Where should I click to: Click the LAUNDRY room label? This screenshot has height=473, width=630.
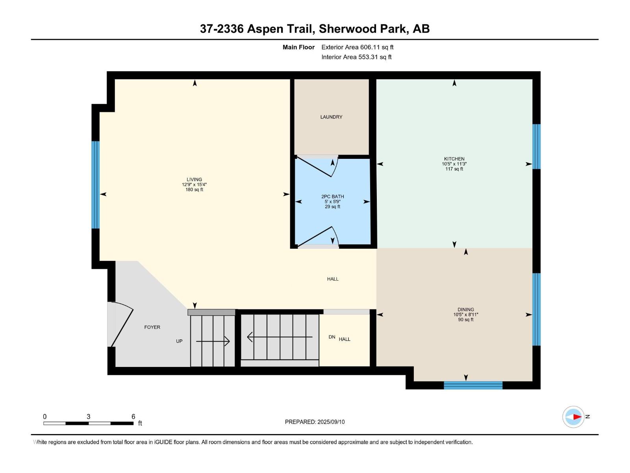(x=331, y=117)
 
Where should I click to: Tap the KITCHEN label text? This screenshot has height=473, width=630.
(x=454, y=159)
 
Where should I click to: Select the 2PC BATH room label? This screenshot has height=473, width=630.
(x=332, y=196)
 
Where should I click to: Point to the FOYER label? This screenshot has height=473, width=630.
(x=152, y=327)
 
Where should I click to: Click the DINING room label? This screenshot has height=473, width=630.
(x=465, y=309)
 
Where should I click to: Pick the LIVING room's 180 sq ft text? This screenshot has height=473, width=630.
(x=194, y=190)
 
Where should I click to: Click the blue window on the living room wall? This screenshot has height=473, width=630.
(x=95, y=184)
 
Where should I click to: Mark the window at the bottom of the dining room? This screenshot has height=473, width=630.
(x=473, y=385)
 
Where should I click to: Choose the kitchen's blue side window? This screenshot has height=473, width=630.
(x=536, y=147)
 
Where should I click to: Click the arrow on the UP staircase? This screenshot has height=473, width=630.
(x=213, y=341)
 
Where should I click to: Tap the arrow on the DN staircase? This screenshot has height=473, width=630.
(x=279, y=337)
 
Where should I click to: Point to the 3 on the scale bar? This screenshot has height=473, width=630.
(x=88, y=417)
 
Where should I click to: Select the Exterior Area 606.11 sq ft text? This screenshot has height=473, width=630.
(x=357, y=47)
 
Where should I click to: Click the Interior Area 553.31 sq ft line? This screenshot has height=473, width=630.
(x=356, y=57)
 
